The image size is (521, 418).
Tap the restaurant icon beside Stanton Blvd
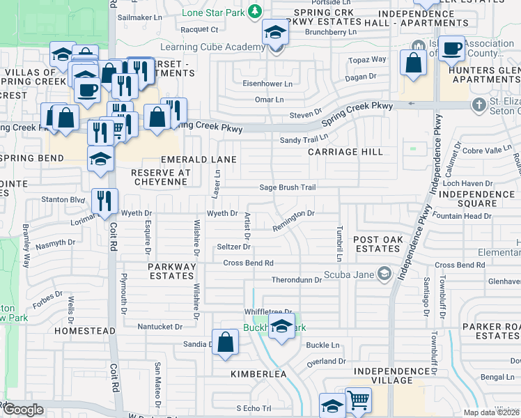(x=104, y=200)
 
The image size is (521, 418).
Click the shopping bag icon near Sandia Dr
(x=225, y=342)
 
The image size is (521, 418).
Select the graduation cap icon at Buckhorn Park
(x=281, y=325)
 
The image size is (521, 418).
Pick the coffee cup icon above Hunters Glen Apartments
(x=452, y=48)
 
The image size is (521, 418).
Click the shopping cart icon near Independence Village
(x=358, y=401)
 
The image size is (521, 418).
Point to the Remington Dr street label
(x=294, y=219)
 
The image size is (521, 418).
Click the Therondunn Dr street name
(x=296, y=279)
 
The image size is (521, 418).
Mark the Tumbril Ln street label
(x=339, y=243)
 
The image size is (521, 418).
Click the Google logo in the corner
(x=23, y=410)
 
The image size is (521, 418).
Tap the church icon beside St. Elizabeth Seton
(x=478, y=105)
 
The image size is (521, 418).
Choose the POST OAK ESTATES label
(x=376, y=244)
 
